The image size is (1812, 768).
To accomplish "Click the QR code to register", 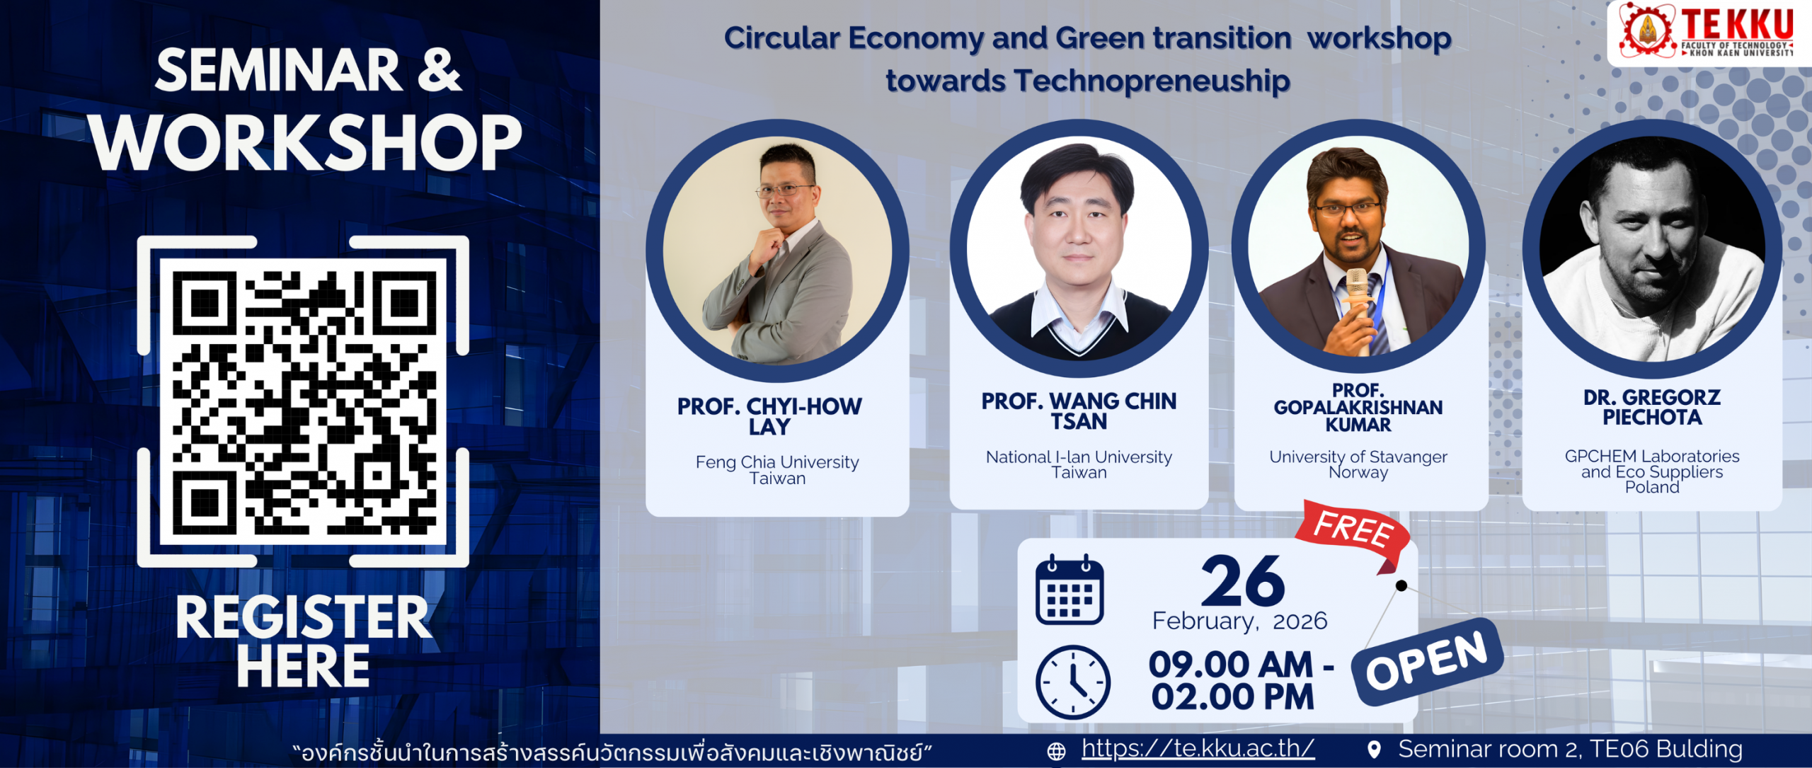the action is coord(303,402).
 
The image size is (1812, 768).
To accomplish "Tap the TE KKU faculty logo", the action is coord(1709,32).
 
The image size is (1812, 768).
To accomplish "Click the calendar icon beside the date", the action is coord(1070,590).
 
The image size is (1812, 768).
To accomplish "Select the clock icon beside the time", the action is coord(1072,682).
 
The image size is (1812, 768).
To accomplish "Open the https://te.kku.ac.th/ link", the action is coord(1198,748).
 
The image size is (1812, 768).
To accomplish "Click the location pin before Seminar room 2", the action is coord(1374,750).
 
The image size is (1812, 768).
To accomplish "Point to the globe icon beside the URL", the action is coord(1056,751).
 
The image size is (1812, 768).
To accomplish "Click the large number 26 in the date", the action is coord(1243,581).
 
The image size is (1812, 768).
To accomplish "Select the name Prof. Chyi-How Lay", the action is coord(769,416).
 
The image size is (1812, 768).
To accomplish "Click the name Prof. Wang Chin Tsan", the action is coord(1079,411).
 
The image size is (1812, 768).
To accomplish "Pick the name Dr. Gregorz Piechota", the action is coord(1652,407).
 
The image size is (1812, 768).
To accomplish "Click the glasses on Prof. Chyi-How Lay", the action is coord(785,190).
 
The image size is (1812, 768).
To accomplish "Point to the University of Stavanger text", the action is coord(1358,457).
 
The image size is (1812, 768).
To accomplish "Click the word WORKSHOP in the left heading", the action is coord(306,142).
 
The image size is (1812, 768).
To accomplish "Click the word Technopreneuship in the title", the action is coord(1152,81).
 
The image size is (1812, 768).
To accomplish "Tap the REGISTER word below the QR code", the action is coord(303,617).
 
